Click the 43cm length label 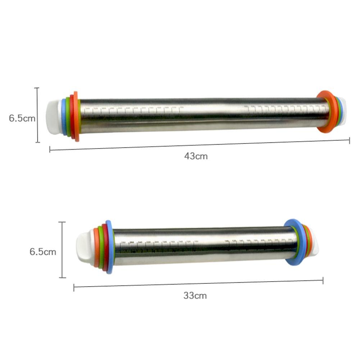(196, 156)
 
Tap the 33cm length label (195, 296)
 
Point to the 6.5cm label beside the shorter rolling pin (42, 251)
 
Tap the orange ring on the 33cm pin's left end (96, 247)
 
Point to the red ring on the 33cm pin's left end (105, 247)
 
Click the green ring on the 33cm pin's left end (100, 247)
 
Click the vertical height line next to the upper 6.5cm (37, 115)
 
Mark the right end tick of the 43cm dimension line (349, 141)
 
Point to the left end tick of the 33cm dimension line (74, 287)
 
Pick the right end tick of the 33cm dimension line (323, 281)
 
